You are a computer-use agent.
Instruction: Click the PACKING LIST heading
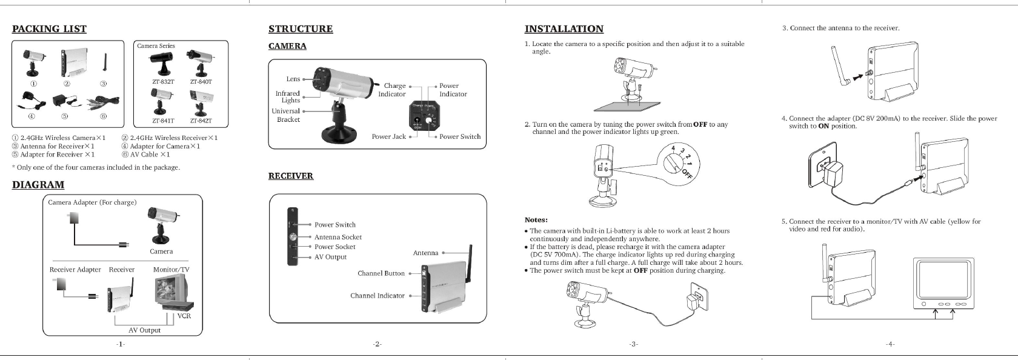49,29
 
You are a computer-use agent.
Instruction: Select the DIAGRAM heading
38,185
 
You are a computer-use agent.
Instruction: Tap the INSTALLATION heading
564,29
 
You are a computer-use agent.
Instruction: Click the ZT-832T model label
163,81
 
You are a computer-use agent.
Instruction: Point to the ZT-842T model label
201,121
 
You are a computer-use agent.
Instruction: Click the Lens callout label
293,79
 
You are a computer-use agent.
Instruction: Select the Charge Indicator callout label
392,90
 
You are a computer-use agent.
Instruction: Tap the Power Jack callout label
388,136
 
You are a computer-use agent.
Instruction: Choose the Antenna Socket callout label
338,237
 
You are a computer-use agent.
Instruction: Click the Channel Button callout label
381,273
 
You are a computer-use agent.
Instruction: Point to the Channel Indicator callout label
377,296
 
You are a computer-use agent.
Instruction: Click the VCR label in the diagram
184,316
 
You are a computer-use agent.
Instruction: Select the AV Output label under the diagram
144,330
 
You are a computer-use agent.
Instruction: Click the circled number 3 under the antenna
104,83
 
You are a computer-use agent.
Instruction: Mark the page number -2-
377,344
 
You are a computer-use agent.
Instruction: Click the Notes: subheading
536,220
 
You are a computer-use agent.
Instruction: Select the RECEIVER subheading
291,176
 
